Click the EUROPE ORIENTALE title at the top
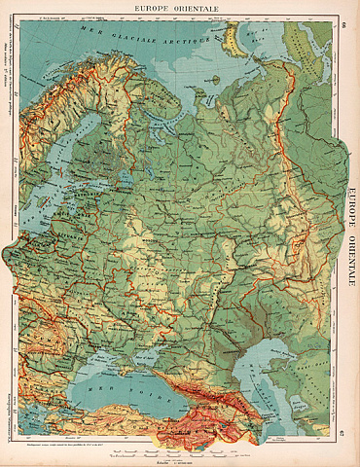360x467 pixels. tap(180, 9)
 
